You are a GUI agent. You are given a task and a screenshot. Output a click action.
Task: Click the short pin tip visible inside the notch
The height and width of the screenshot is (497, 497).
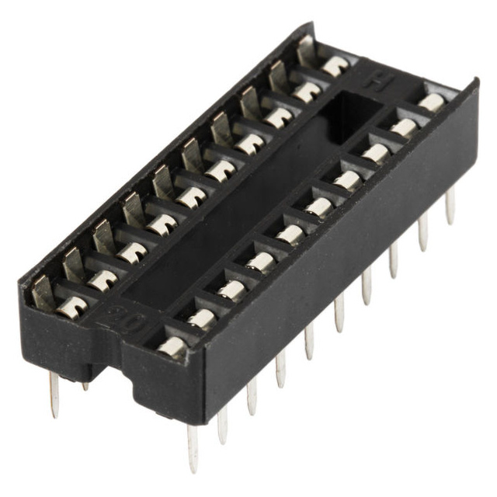coord(85,385)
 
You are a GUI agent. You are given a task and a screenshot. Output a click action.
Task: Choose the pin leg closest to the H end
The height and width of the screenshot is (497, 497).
coord(450,206)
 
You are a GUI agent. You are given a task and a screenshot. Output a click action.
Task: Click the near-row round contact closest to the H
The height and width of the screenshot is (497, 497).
coord(432,102)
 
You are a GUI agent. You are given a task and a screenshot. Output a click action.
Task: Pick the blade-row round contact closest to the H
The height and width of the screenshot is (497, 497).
coord(335,66)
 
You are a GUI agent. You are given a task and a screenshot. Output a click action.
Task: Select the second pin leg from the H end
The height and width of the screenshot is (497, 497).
coord(423,231)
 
